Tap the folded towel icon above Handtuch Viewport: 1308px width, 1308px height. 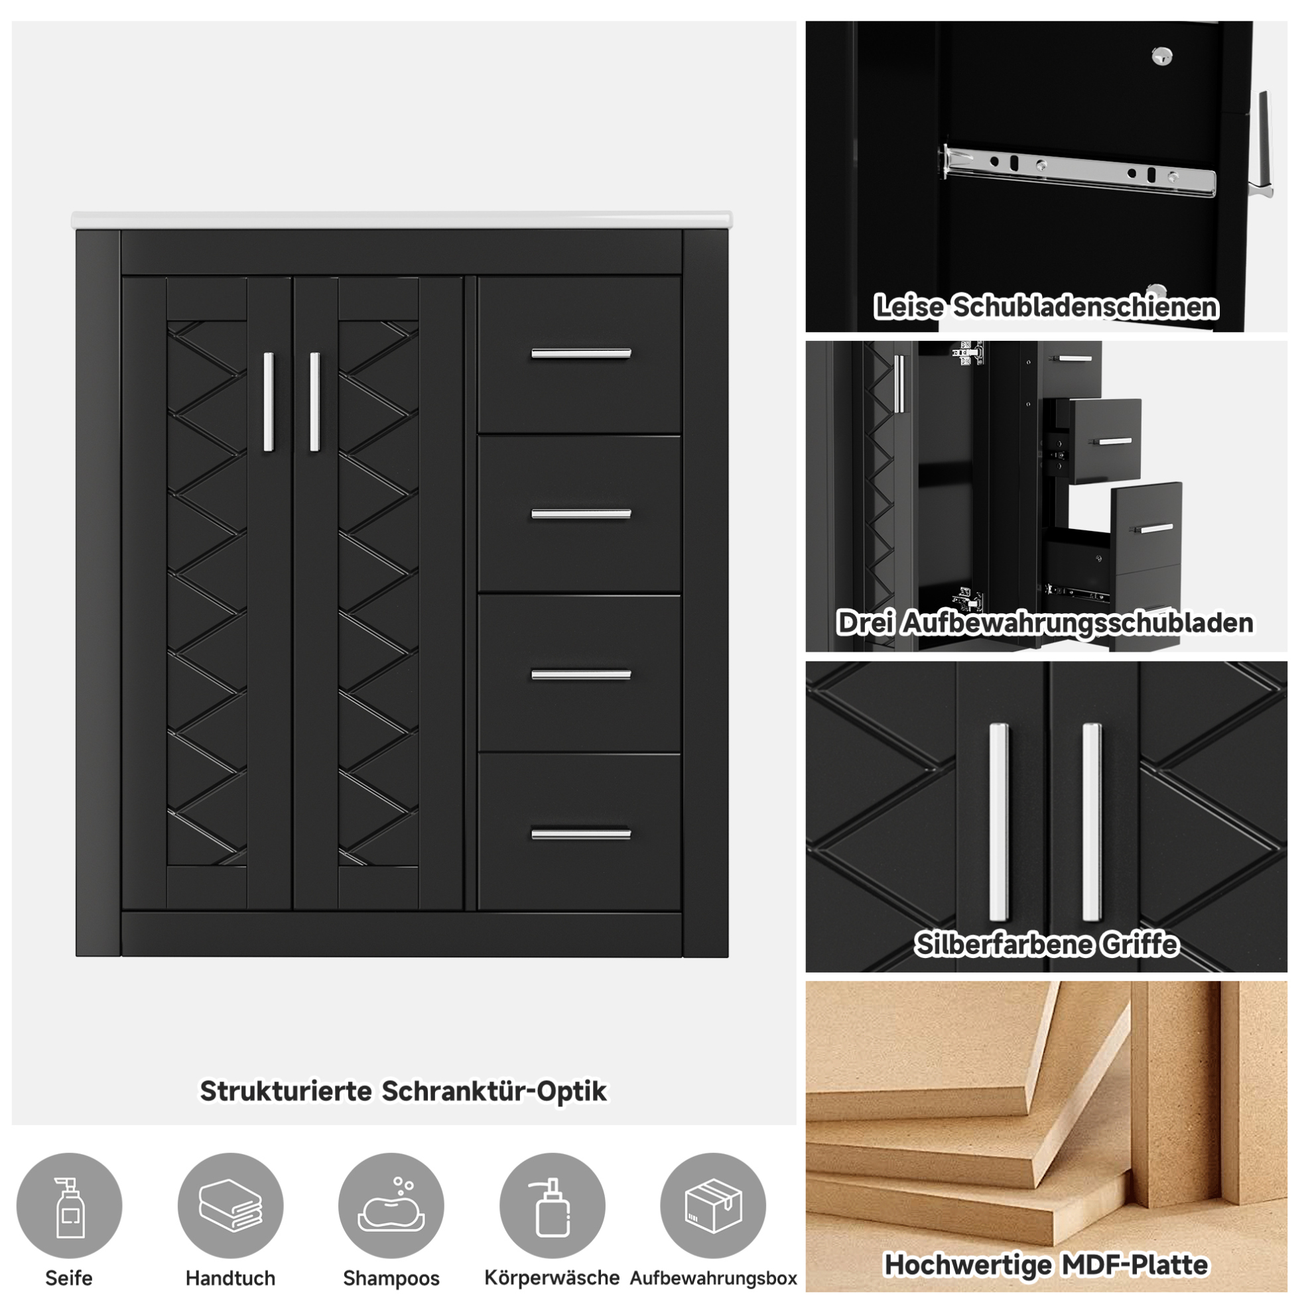(230, 1206)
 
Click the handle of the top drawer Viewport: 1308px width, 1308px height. (580, 353)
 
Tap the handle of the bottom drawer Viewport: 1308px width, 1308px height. (580, 834)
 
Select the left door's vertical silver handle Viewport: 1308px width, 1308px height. (268, 402)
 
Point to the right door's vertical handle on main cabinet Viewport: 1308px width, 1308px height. (314, 402)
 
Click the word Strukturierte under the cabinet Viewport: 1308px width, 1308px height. (285, 1091)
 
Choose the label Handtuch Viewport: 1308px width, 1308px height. (230, 1278)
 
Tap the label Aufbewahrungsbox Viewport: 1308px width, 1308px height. (713, 1278)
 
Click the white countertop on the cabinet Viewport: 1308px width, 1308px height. (402, 220)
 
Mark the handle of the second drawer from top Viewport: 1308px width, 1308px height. (580, 514)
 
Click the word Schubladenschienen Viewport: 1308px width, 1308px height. (1086, 307)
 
